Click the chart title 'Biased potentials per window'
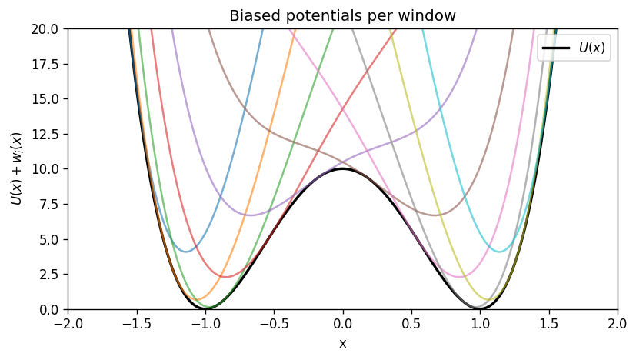tap(342, 15)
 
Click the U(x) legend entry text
tap(591, 48)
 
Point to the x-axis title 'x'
tap(342, 343)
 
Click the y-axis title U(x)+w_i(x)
tap(16, 169)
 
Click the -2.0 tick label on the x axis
tap(68, 324)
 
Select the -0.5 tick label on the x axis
tap(274, 324)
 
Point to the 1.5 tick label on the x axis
tap(549, 324)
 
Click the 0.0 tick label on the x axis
tap(343, 324)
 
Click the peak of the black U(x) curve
tap(343, 168)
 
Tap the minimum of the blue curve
tap(186, 252)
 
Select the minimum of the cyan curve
tap(499, 252)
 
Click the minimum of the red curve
tap(225, 277)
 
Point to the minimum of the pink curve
tap(460, 277)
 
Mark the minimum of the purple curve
tap(250, 215)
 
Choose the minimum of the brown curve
tap(436, 215)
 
